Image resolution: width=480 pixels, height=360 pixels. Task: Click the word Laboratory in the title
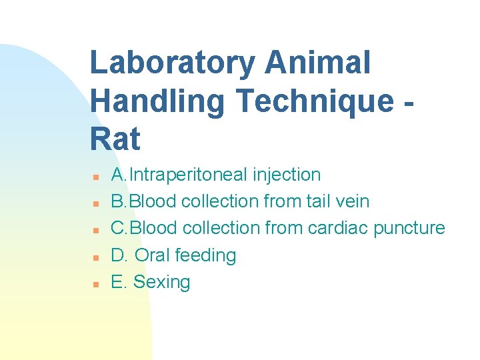tap(172, 63)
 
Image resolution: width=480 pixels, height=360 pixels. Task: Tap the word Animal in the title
tap(317, 63)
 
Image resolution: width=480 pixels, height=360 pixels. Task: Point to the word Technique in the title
tap(315, 101)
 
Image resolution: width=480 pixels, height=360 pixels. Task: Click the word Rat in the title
tap(115, 139)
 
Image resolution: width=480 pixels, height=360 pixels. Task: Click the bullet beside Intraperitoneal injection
tap(96, 177)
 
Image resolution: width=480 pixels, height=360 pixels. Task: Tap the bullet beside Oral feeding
tap(96, 257)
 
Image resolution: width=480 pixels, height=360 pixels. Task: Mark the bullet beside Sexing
tap(96, 283)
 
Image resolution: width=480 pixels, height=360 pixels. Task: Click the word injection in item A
tap(287, 175)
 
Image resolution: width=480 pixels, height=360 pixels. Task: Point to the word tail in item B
tap(325, 201)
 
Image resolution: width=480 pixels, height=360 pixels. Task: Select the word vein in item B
tap(354, 201)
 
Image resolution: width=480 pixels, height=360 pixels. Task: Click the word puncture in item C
tap(409, 228)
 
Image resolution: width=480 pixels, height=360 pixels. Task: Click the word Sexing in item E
tap(161, 283)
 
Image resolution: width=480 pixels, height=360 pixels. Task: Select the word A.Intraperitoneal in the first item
tap(180, 175)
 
